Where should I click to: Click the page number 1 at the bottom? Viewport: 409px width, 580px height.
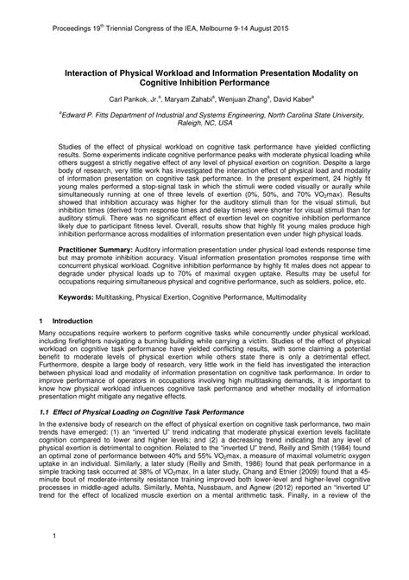pos(54,567)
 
